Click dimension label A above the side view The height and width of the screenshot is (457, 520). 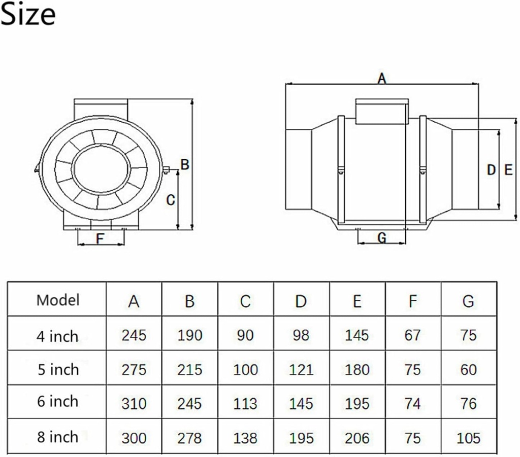click(381, 78)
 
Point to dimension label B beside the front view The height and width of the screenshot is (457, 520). click(185, 164)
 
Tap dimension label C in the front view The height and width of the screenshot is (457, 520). click(171, 200)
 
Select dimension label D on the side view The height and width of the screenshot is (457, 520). click(491, 170)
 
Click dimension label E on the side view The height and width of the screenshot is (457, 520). click(508, 170)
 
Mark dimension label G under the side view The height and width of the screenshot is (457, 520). click(382, 237)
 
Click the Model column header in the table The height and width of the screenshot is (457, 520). click(58, 300)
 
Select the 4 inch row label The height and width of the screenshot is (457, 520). click(57, 336)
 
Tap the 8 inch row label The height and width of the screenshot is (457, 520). click(57, 437)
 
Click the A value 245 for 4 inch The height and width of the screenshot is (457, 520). click(134, 335)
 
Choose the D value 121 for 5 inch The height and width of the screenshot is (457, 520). click(301, 369)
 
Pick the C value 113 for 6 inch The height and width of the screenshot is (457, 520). click(245, 403)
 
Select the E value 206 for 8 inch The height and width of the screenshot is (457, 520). click(357, 437)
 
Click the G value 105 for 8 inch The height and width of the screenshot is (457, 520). click(468, 437)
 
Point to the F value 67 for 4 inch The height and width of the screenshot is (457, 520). click(413, 335)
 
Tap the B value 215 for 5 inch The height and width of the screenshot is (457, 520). click(189, 369)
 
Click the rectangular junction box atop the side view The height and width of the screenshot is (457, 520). click(381, 112)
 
